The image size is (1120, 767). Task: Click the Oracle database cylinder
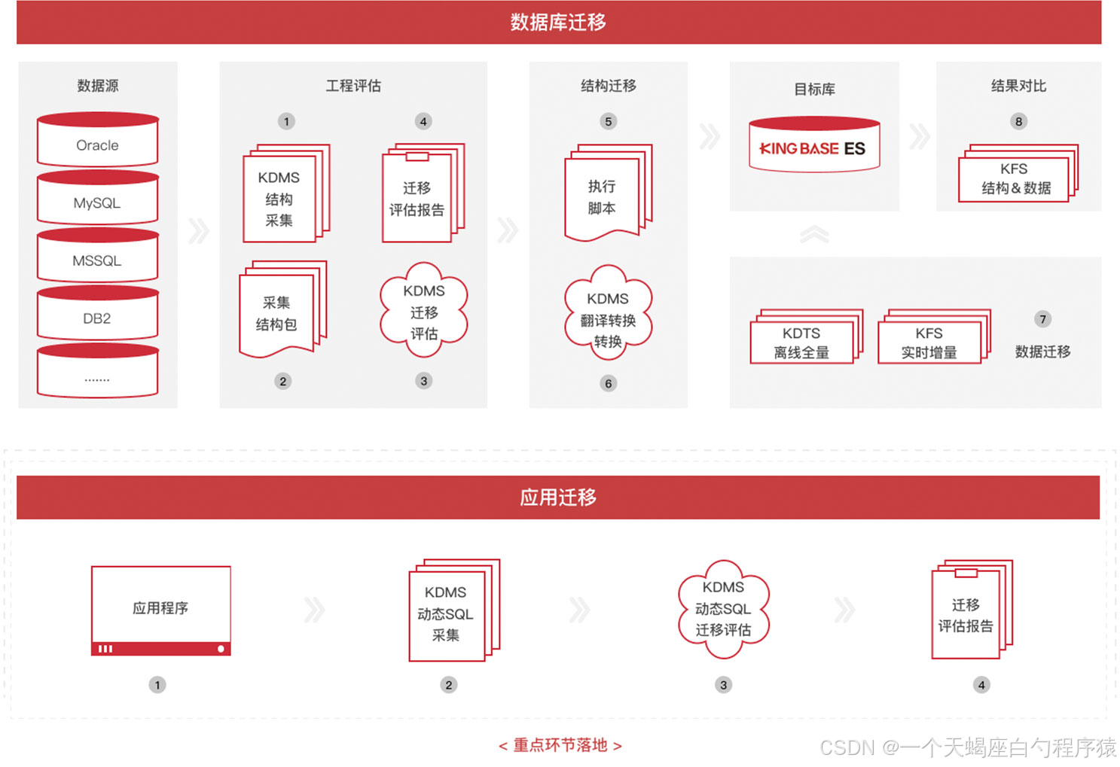(x=97, y=142)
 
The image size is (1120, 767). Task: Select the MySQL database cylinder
(x=97, y=199)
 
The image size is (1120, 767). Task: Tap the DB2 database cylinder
(x=97, y=315)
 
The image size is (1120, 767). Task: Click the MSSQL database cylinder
(x=97, y=257)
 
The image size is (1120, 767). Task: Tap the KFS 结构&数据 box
(x=1015, y=178)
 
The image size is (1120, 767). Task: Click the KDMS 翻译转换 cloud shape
(x=608, y=318)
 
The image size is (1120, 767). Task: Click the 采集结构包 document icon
(x=279, y=312)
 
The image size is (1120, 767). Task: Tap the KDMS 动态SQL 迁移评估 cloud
(x=723, y=608)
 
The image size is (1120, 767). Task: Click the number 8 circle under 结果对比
(x=1018, y=121)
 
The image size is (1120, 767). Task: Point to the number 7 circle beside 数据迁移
(x=1042, y=319)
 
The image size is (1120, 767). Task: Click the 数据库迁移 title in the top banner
(x=558, y=23)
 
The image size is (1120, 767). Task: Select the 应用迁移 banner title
(x=558, y=498)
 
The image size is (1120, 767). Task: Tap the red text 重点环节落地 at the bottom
(x=560, y=745)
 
